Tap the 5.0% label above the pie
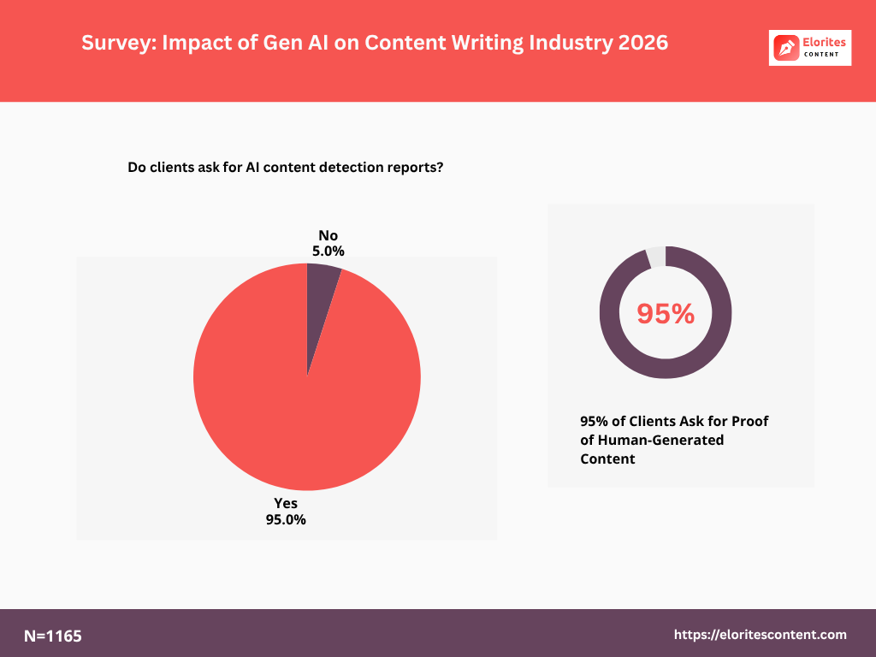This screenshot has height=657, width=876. pos(328,252)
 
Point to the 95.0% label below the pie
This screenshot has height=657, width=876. pos(286,519)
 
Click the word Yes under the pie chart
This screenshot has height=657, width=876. pos(286,503)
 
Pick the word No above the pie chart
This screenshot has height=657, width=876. pos(328,235)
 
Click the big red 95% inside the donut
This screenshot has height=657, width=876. pos(666,314)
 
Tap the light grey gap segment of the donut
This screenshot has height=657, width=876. pos(655,256)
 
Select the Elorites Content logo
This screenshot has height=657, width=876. pos(810,48)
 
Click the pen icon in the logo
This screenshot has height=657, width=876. pos(785,48)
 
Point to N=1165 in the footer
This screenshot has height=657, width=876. pos(53,636)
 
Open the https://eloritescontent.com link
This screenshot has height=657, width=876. pos(761,635)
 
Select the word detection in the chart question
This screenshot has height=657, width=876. pos(352,168)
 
